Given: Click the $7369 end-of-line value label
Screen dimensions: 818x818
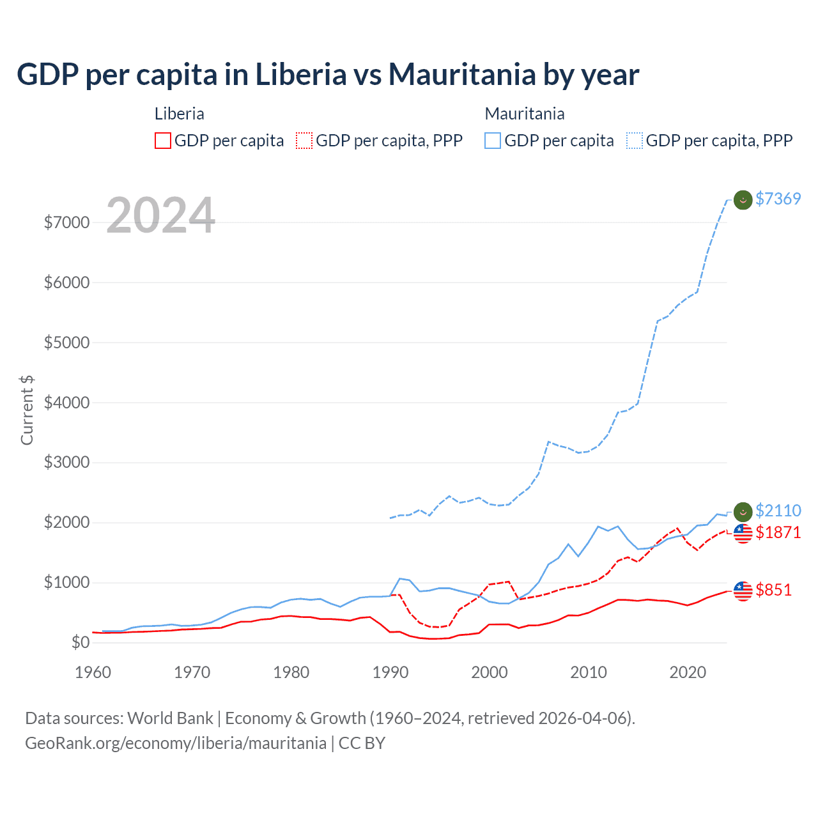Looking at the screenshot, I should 778,199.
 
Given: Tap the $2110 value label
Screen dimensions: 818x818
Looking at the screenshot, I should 778,511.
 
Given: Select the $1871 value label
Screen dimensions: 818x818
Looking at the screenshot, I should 778,532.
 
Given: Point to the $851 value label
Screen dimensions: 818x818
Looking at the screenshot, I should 773,590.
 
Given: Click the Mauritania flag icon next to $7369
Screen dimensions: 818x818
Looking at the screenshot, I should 743,200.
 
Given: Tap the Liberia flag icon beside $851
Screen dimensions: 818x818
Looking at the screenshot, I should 743,591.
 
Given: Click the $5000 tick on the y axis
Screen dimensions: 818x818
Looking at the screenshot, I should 66,343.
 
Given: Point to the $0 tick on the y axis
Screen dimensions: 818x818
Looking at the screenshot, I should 79,642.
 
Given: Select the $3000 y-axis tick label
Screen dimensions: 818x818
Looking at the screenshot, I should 66,462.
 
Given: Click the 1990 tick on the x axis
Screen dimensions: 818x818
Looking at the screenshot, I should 390,672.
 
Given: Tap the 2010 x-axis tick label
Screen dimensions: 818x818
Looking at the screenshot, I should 588,672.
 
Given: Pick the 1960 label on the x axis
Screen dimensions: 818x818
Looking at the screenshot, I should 93,672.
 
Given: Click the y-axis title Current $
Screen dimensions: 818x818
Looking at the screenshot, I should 27,410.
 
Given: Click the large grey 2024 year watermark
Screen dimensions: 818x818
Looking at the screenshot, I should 160,215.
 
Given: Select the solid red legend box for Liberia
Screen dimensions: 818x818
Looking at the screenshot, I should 163,141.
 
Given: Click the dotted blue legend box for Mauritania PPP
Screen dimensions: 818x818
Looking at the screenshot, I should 635,141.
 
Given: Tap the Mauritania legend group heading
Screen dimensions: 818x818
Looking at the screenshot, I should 525,114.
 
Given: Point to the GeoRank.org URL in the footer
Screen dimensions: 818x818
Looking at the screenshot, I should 176,743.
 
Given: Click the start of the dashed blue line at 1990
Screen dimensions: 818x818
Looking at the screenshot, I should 390,518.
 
